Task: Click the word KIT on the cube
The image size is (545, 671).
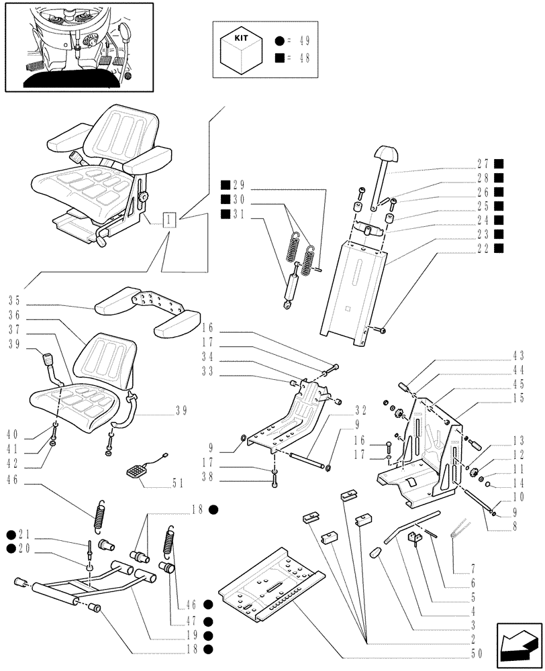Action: tap(242, 39)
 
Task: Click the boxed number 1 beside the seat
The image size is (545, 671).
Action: tap(170, 219)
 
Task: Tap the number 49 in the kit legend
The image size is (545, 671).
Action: tap(302, 41)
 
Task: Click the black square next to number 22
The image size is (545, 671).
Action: tap(499, 248)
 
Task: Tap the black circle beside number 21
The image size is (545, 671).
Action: tap(11, 534)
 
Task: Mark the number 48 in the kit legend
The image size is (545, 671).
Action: tap(302, 58)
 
